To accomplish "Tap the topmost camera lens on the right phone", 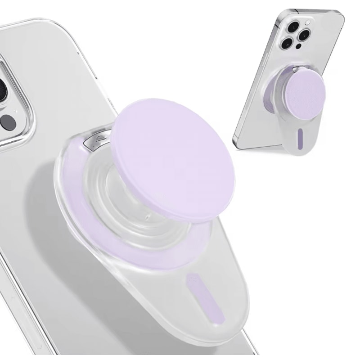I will [x=293, y=27].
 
